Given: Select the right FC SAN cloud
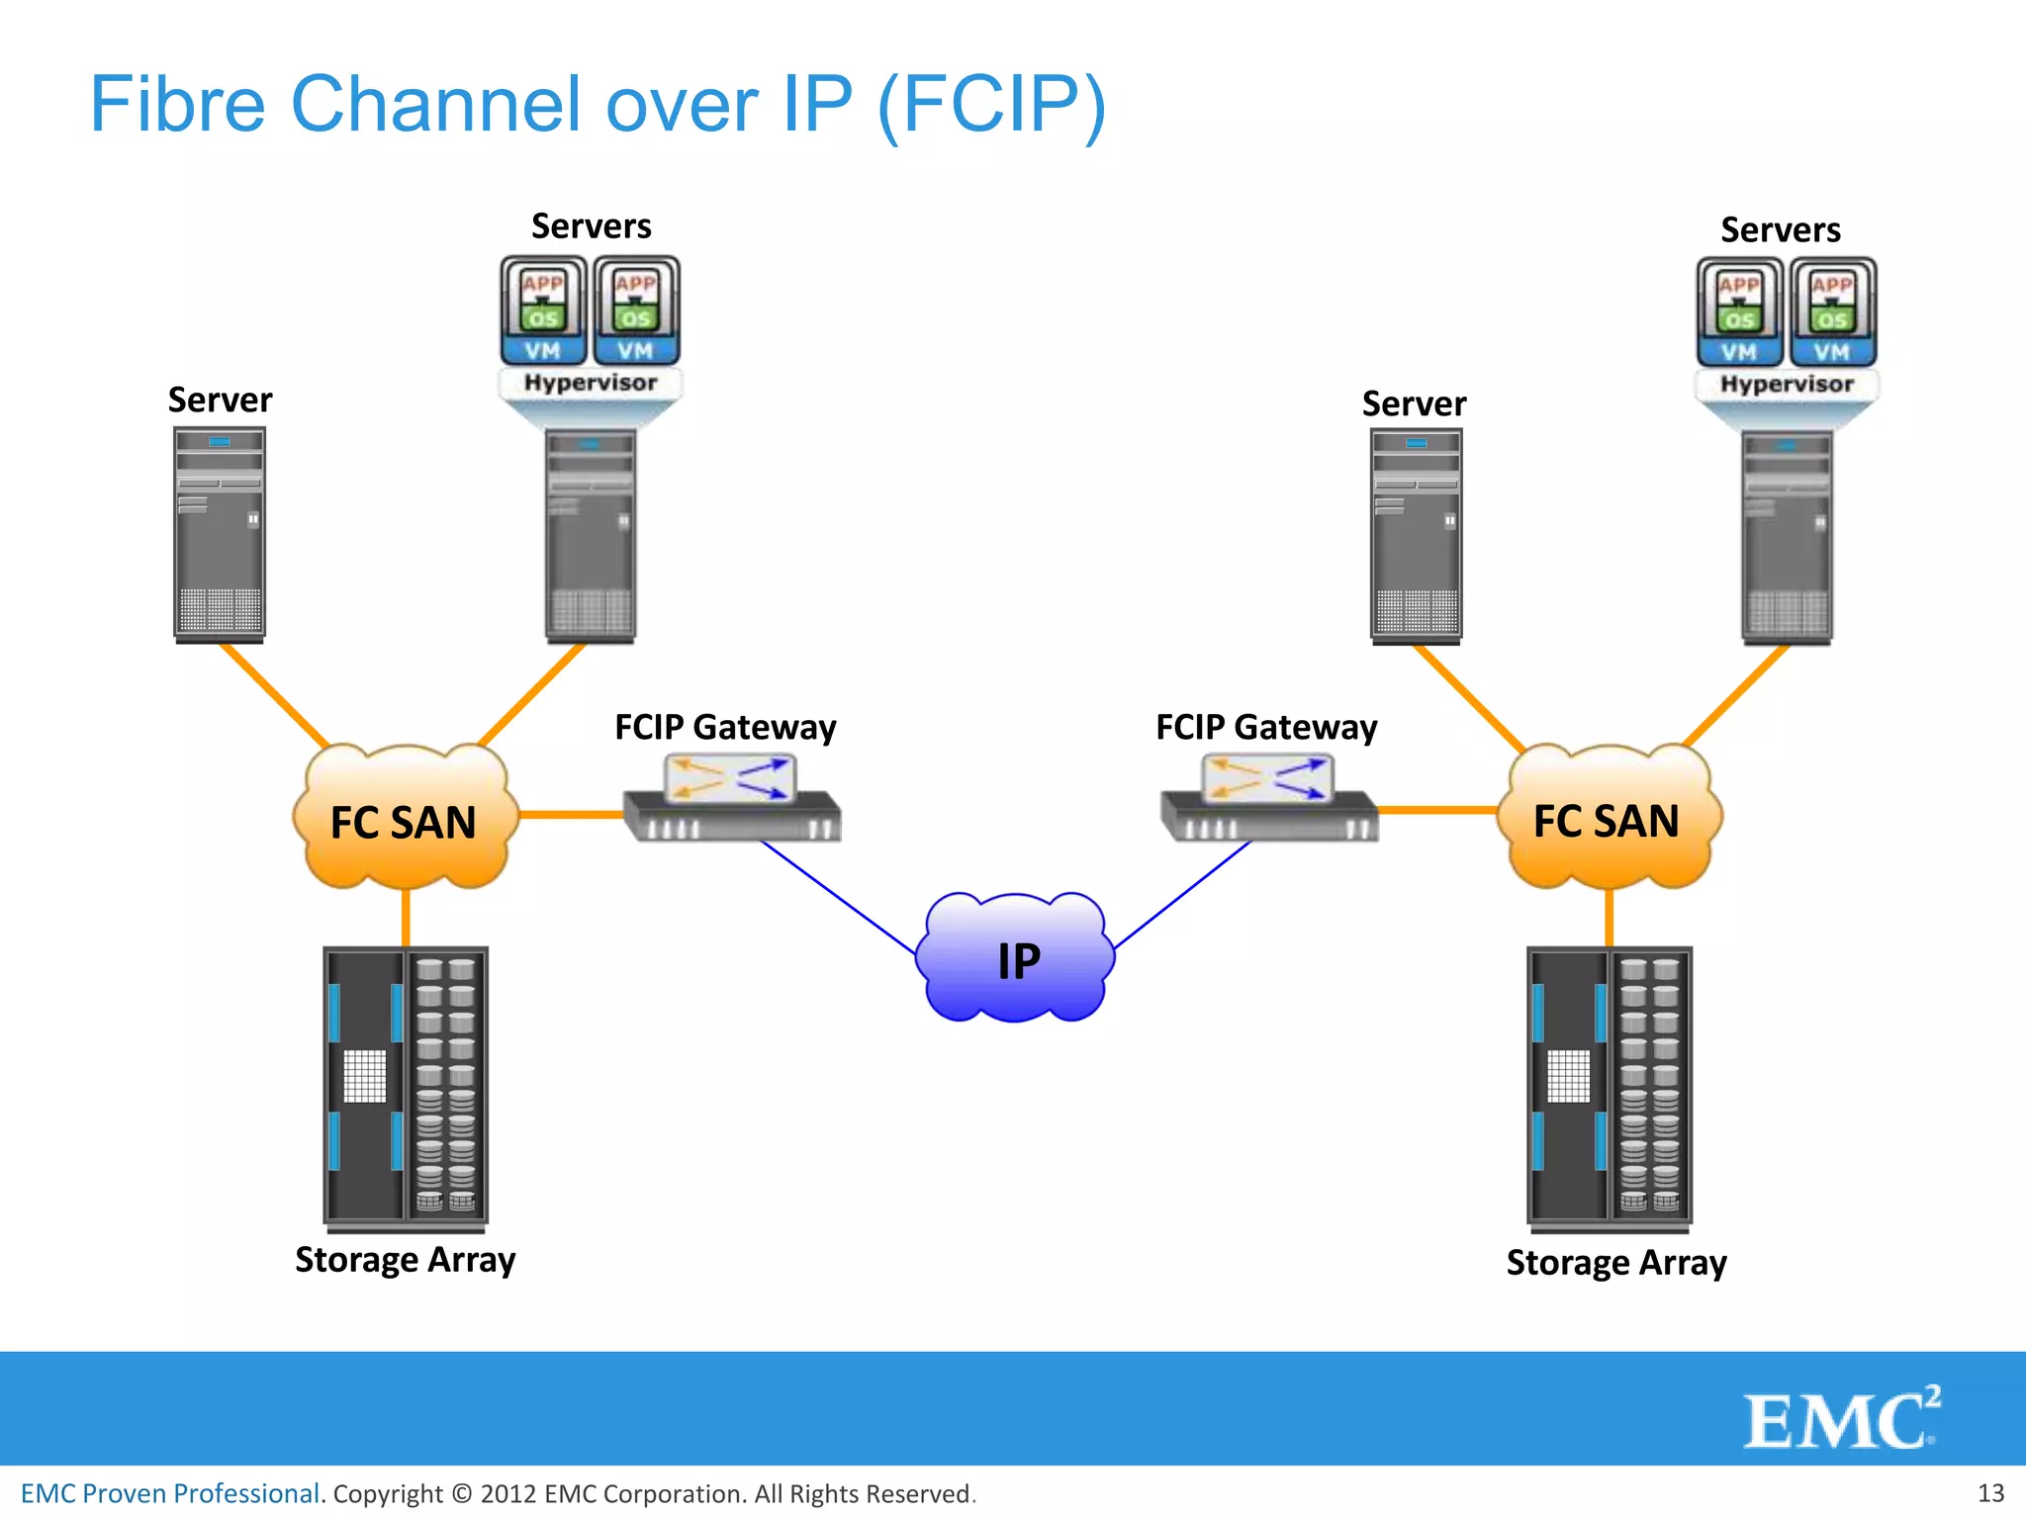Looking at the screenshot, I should click(1608, 820).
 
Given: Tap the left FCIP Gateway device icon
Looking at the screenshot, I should click(732, 799).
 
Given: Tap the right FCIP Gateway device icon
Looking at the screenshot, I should click(1269, 799).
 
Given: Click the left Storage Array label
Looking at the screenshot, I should click(406, 1260).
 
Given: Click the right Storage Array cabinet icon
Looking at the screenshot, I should click(1610, 1088).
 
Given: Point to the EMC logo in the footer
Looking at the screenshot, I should click(1841, 1419).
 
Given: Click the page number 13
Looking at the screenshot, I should click(1990, 1492).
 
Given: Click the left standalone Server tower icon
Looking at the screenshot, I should click(220, 534).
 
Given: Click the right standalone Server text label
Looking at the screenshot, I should click(1414, 403).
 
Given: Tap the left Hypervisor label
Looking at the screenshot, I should click(591, 383).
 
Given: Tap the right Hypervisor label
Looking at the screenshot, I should click(1787, 384).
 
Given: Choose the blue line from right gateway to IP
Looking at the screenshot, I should click(1182, 895).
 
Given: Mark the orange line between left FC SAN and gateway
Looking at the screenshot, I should click(571, 815).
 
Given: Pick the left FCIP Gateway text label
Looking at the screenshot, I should click(725, 727).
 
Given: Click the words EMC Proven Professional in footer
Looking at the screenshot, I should click(170, 1493).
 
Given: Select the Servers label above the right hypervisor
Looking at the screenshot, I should click(1781, 229).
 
